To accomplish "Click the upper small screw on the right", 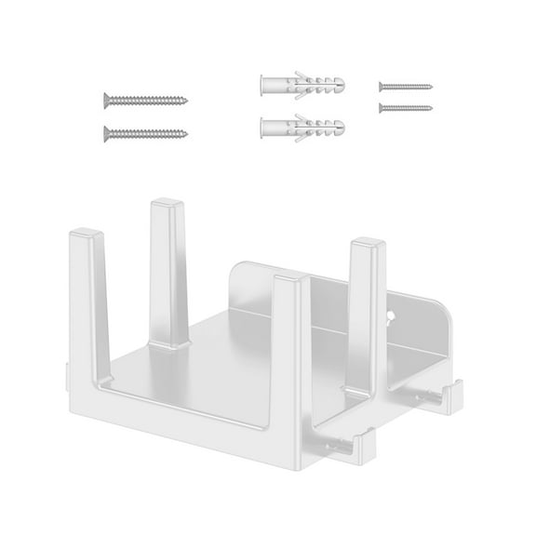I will pyautogui.click(x=406, y=86).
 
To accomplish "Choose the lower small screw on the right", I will pyautogui.click(x=406, y=107).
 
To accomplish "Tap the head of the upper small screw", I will pyautogui.click(x=382, y=86).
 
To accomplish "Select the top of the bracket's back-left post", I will pyautogui.click(x=167, y=200).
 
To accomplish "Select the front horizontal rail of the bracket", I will pyautogui.click(x=186, y=437).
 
